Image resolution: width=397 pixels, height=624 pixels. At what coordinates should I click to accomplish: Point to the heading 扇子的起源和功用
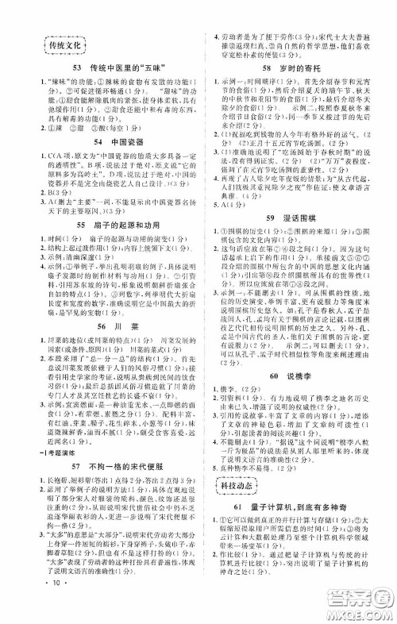click(120, 205)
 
